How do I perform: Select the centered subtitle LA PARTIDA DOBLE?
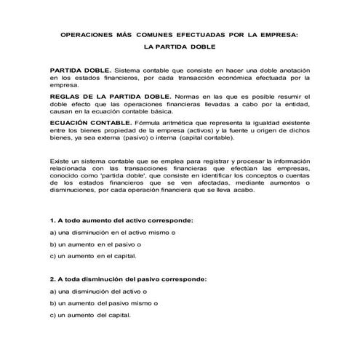(x=179, y=48)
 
